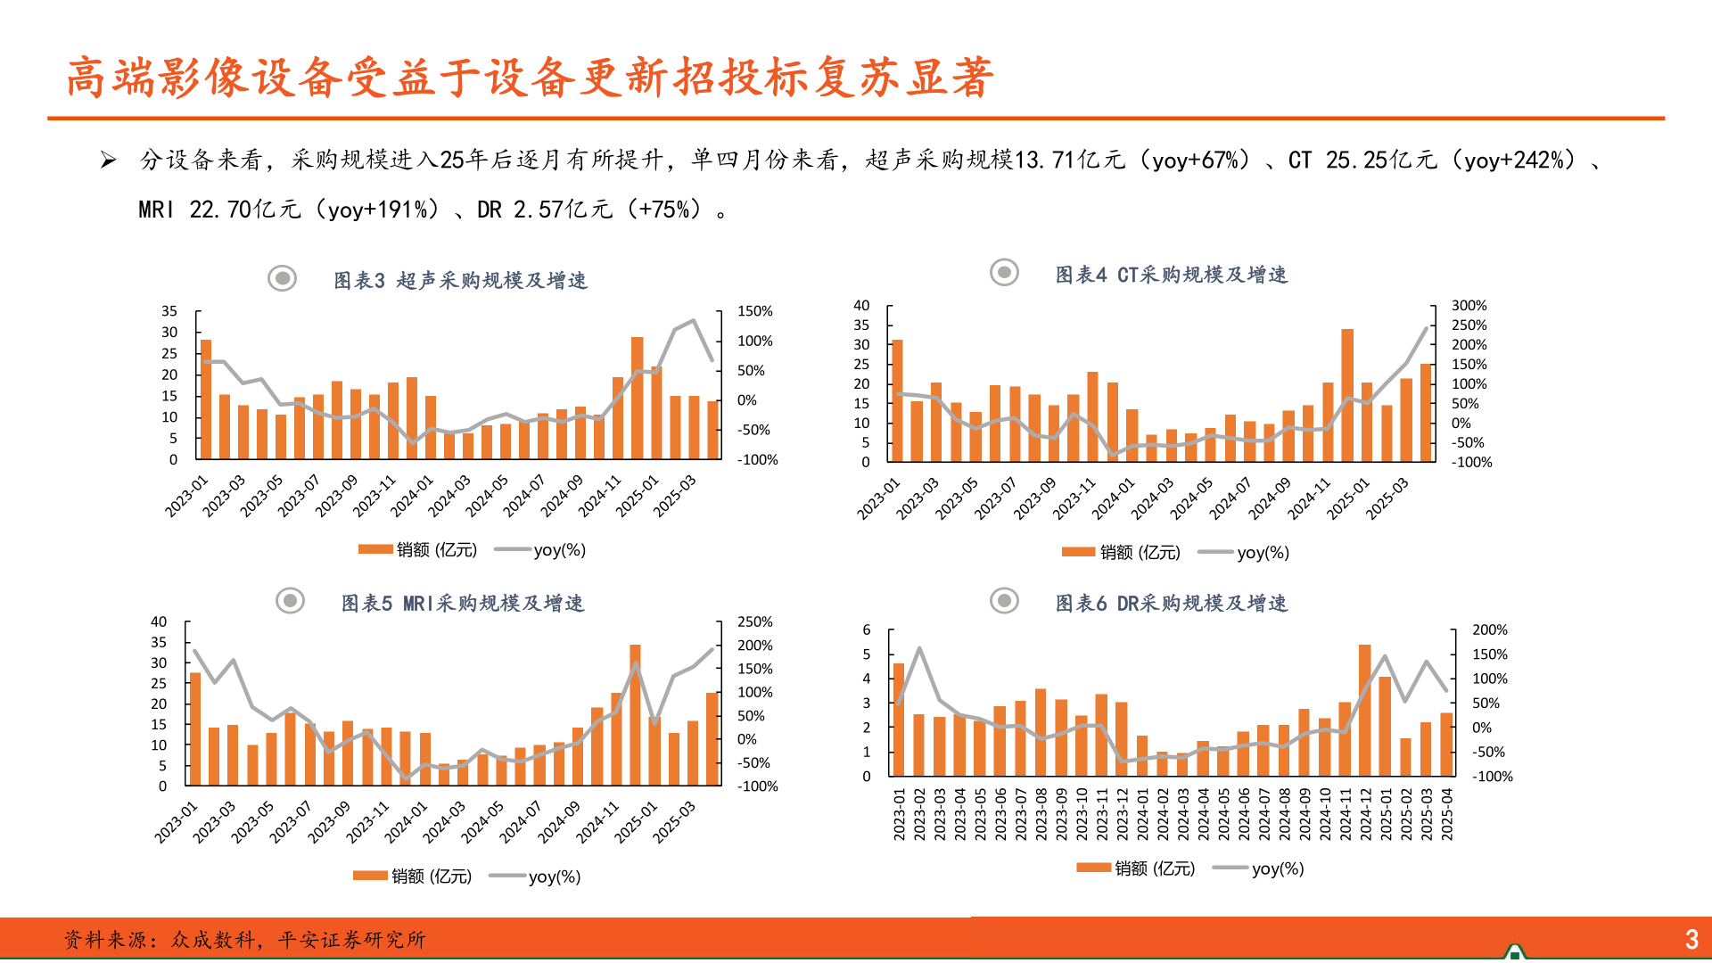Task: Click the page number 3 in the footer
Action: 1691,939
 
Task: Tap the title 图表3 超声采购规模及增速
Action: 460,281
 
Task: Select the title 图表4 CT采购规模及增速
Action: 1171,275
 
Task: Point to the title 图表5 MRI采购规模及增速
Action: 462,604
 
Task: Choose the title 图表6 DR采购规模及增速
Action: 1171,604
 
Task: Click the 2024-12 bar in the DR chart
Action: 1364,711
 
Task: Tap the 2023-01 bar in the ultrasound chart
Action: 206,399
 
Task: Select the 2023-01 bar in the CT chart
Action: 897,401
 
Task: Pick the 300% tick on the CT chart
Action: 1469,306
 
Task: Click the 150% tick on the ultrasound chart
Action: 754,311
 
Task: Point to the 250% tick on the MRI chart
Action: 754,622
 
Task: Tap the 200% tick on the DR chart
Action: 1489,630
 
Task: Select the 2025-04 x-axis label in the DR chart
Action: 1446,813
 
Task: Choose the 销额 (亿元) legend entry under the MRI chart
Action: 413,877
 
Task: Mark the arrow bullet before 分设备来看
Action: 108,160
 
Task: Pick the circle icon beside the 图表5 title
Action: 290,601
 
